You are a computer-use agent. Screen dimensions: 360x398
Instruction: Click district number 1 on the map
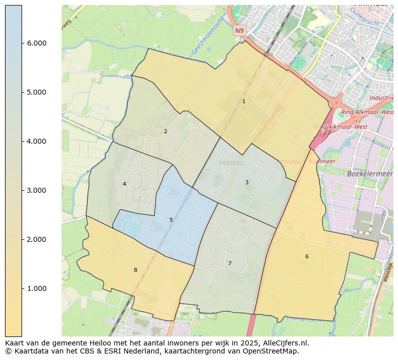click(244, 101)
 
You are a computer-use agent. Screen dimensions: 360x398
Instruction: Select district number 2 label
click(165, 132)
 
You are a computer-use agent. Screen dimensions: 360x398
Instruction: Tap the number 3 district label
click(247, 182)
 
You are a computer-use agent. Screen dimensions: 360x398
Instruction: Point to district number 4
click(124, 184)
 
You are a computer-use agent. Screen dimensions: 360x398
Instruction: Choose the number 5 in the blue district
click(171, 220)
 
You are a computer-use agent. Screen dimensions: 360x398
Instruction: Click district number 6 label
click(307, 257)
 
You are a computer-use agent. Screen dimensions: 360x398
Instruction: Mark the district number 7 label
click(230, 263)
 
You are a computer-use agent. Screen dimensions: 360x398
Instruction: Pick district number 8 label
click(135, 270)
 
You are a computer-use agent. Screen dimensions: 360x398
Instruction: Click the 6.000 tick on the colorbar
click(36, 43)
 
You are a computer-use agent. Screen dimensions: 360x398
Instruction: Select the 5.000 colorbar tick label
click(36, 92)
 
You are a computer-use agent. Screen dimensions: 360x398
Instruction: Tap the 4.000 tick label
click(36, 141)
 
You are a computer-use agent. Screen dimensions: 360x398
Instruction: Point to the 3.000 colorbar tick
click(36, 190)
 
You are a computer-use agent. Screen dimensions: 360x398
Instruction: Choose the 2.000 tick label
click(36, 239)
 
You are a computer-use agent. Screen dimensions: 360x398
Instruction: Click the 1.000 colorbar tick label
click(36, 288)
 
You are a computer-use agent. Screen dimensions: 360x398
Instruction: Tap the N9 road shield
click(240, 31)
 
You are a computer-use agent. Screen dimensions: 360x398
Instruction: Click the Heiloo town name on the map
click(232, 163)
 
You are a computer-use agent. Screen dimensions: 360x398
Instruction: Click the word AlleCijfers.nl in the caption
click(284, 343)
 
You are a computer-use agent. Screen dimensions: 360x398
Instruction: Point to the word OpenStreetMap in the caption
click(273, 351)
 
